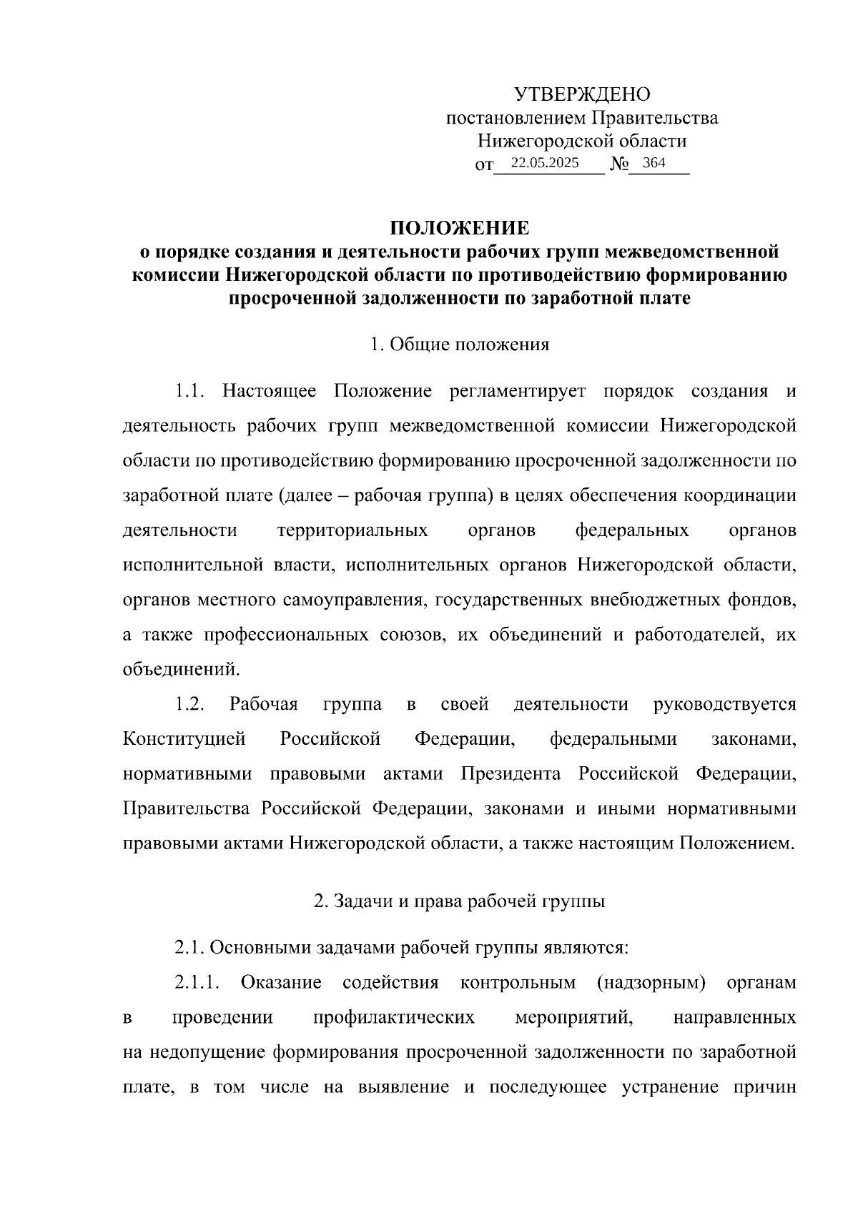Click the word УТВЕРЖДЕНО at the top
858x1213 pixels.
[582, 94]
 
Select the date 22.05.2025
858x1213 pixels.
[545, 163]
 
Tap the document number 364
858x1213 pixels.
[654, 163]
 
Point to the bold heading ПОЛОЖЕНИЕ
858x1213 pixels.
[459, 228]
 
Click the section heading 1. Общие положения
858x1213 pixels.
[459, 345]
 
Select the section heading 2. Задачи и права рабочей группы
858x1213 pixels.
[459, 901]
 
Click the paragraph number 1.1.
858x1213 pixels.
[190, 391]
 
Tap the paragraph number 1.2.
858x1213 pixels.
[190, 704]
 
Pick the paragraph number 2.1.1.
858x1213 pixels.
[196, 983]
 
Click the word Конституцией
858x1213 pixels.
[184, 738]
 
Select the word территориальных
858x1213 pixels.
[352, 530]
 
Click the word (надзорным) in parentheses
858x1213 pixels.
[651, 983]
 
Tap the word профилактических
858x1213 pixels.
[394, 1017]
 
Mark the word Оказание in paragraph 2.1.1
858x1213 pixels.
[281, 983]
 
